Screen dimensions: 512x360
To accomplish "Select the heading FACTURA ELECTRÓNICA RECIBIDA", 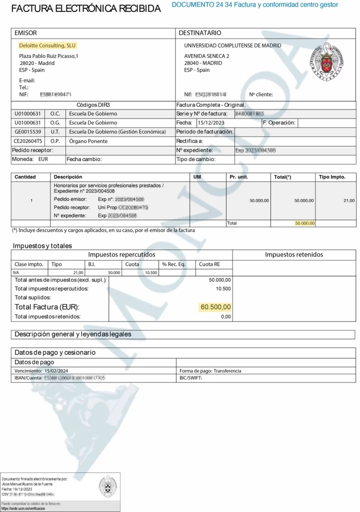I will (86, 9).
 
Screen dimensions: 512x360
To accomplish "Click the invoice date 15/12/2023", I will (211, 122).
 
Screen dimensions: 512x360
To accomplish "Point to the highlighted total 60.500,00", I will (215, 307).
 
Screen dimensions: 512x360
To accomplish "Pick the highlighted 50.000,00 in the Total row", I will (304, 223).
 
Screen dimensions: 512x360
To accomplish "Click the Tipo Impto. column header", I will (335, 177).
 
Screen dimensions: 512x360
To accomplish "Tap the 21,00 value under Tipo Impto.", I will (348, 200).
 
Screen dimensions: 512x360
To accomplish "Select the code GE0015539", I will (28, 131).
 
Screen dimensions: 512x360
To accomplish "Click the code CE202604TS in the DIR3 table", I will (28, 141).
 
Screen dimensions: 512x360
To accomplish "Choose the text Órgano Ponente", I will (88, 141).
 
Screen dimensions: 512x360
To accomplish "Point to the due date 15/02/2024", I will (56, 371).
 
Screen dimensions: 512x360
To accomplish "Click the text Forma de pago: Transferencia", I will (210, 371).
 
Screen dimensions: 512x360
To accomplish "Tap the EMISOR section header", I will (25, 33).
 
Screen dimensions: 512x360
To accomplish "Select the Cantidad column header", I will (25, 177).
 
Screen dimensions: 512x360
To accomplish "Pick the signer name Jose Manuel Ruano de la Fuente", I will (27, 484).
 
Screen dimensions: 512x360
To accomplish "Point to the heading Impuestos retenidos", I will (294, 254).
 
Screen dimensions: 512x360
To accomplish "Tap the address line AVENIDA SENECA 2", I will (206, 56).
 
